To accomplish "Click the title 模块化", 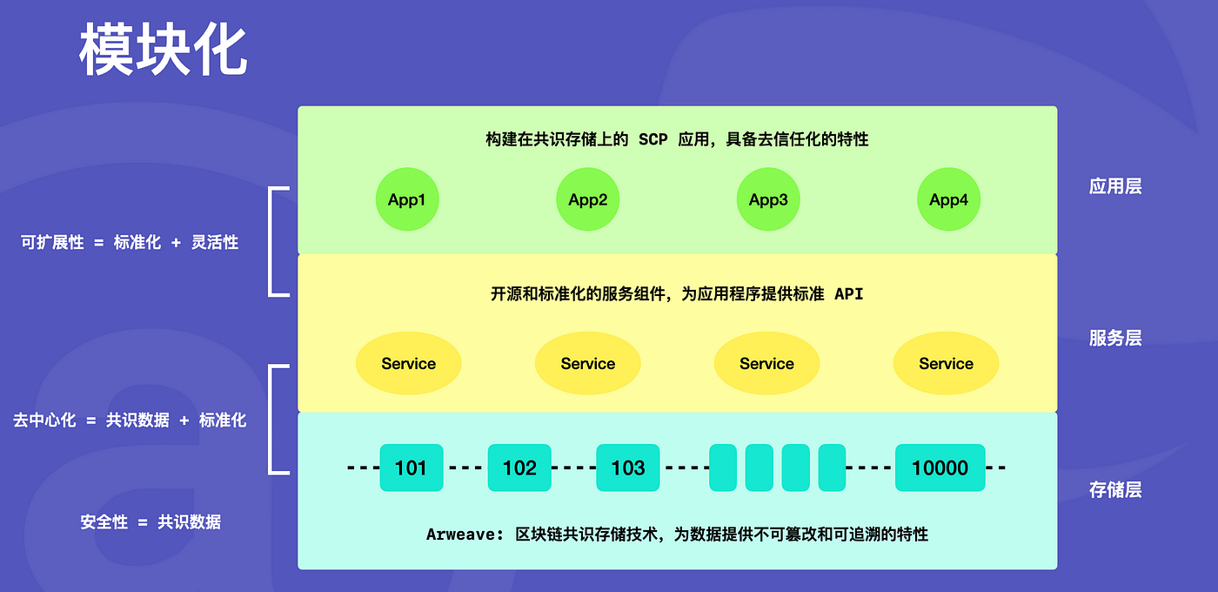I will [x=164, y=51].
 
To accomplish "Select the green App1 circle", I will [x=407, y=200].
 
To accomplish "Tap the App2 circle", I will [x=588, y=200].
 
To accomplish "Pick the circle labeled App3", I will [x=768, y=200].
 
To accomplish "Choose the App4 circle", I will [x=948, y=200].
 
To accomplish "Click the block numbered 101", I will [x=412, y=468].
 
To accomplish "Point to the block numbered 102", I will [x=519, y=468].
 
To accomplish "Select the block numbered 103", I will [x=627, y=468].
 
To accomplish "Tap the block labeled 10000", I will [x=940, y=468].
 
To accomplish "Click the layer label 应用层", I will [x=1114, y=186].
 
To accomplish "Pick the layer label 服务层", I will [x=1114, y=338].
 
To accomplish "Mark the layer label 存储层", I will [x=1114, y=490].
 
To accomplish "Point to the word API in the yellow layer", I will [x=848, y=294].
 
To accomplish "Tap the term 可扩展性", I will [x=52, y=243].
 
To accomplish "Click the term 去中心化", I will [x=44, y=420].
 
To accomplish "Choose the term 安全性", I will [x=104, y=522].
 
